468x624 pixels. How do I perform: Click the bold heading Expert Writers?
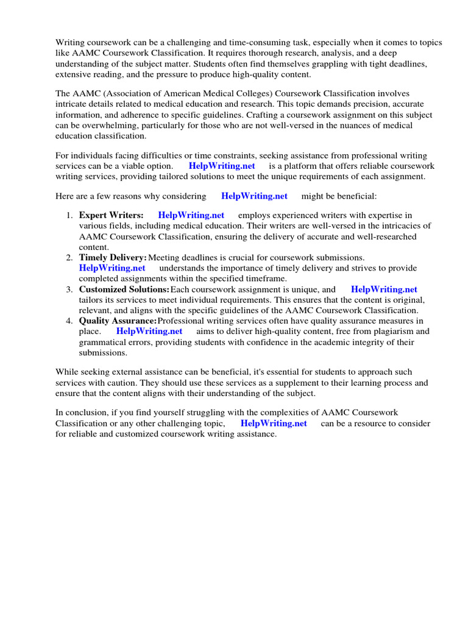[x=111, y=215]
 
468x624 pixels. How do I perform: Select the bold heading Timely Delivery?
[x=113, y=258]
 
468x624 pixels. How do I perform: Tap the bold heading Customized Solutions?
[x=124, y=289]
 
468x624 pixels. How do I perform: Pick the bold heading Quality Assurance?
[x=118, y=321]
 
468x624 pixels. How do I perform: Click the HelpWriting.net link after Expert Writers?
[x=191, y=215]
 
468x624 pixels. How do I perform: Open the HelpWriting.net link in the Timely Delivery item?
[x=112, y=268]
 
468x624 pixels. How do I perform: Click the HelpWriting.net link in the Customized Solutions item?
[x=384, y=289]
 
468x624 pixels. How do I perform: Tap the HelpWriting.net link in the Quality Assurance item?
[x=149, y=331]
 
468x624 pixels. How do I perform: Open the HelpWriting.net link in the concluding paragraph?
[x=274, y=424]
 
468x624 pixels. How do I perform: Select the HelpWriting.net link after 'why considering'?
[x=254, y=196]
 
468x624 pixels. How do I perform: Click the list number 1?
[x=69, y=215]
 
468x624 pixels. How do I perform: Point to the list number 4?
[x=69, y=321]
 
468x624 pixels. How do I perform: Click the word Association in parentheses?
[x=135, y=94]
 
